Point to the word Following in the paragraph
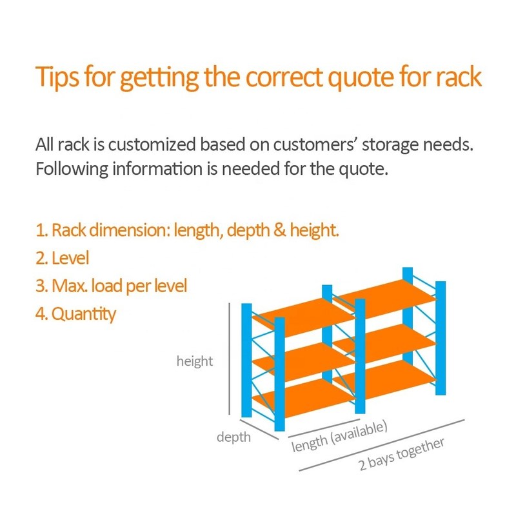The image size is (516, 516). (x=72, y=169)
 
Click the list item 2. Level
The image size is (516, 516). (x=62, y=257)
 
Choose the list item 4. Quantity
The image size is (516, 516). (x=75, y=314)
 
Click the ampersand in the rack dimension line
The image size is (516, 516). (x=280, y=230)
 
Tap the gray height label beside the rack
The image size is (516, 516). (x=195, y=361)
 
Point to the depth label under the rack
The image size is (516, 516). (x=233, y=438)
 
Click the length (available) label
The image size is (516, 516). (x=339, y=437)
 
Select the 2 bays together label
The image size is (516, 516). (x=401, y=455)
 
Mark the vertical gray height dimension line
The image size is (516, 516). (x=230, y=359)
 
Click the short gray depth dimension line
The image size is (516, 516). (x=259, y=430)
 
